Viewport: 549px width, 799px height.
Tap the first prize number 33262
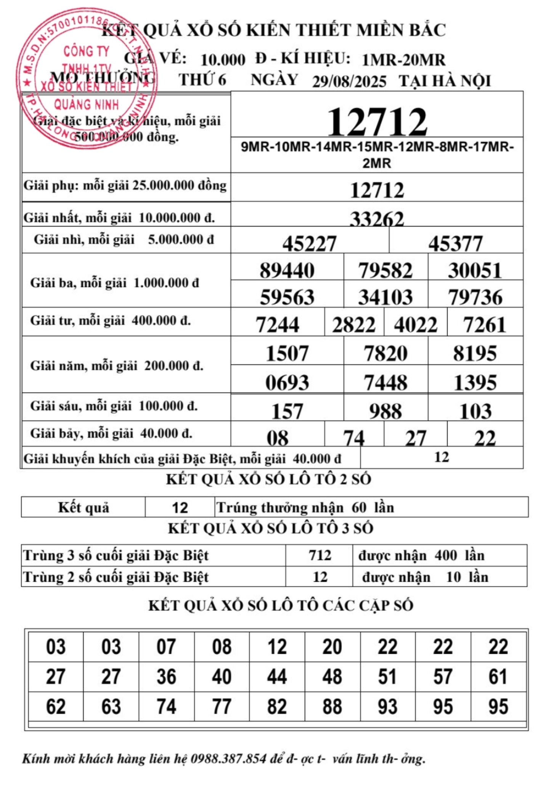[x=377, y=219]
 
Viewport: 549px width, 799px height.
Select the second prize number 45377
[x=456, y=243]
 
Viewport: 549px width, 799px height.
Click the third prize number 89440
[x=287, y=270]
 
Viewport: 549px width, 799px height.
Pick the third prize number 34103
[x=385, y=297]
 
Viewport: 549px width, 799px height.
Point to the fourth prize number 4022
[x=416, y=325]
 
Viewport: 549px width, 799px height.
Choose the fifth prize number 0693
[x=287, y=382]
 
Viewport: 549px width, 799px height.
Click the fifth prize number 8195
[x=475, y=353]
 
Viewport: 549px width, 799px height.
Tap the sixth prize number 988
[x=385, y=411]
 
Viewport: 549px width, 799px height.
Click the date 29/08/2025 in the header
[x=349, y=81]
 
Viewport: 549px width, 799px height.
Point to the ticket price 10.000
[x=223, y=60]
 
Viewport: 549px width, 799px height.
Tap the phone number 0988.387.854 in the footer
[x=228, y=759]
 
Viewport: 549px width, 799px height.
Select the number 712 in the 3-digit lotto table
[x=320, y=555]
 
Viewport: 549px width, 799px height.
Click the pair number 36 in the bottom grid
[x=166, y=677]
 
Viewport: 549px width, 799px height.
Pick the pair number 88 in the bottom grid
[x=332, y=706]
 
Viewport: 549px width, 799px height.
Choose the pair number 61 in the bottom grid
[x=498, y=677]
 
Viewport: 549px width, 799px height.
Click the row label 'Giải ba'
[x=114, y=283]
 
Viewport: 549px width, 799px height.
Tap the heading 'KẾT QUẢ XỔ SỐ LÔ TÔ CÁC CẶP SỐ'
[x=281, y=605]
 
